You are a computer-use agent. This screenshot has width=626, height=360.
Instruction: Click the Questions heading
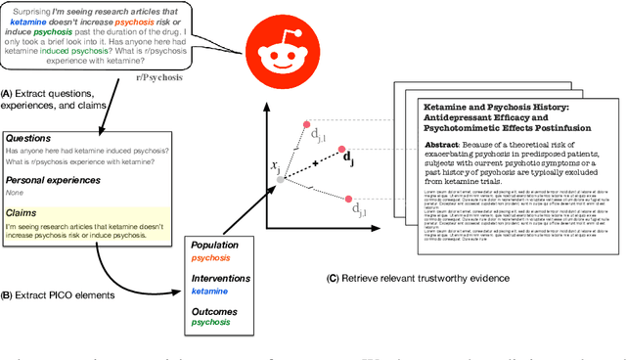(33, 138)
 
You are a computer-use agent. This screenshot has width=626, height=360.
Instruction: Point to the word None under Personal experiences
(18, 194)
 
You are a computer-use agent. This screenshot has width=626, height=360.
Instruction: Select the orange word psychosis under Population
(212, 259)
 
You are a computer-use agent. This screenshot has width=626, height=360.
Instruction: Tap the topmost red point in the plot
(307, 125)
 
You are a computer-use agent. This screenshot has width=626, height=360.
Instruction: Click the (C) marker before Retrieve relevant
(332, 277)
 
